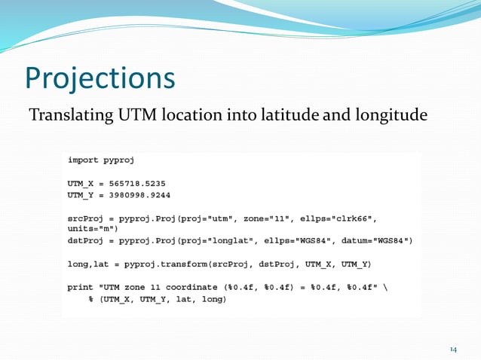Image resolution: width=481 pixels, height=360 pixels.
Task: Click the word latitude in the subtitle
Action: (290, 116)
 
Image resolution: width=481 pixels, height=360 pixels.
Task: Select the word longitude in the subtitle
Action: (389, 116)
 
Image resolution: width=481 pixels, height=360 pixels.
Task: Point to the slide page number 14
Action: (454, 349)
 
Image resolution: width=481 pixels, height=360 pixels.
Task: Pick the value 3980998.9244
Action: (142, 194)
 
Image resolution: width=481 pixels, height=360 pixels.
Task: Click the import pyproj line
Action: (101, 160)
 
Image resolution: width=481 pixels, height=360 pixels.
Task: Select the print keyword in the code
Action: (81, 286)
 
